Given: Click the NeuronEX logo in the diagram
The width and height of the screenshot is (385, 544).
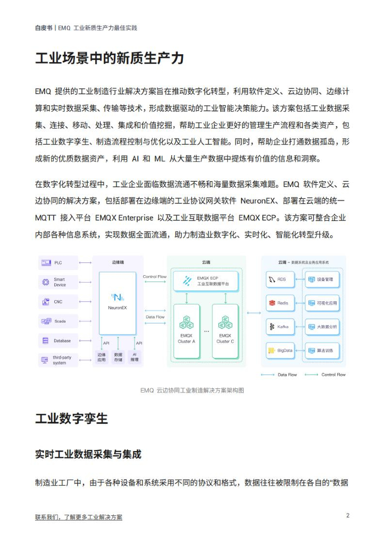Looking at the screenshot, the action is [117, 297].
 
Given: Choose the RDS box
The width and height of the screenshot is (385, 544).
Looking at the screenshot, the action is [280, 279].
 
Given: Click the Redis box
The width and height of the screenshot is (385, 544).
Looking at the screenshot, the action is [280, 303].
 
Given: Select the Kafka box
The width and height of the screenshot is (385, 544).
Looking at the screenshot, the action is [280, 327].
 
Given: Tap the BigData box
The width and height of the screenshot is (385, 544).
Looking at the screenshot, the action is [280, 351].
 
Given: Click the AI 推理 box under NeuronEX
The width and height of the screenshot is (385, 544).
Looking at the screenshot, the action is [135, 357].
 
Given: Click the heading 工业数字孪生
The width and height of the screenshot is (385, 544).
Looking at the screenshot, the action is [72, 419].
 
